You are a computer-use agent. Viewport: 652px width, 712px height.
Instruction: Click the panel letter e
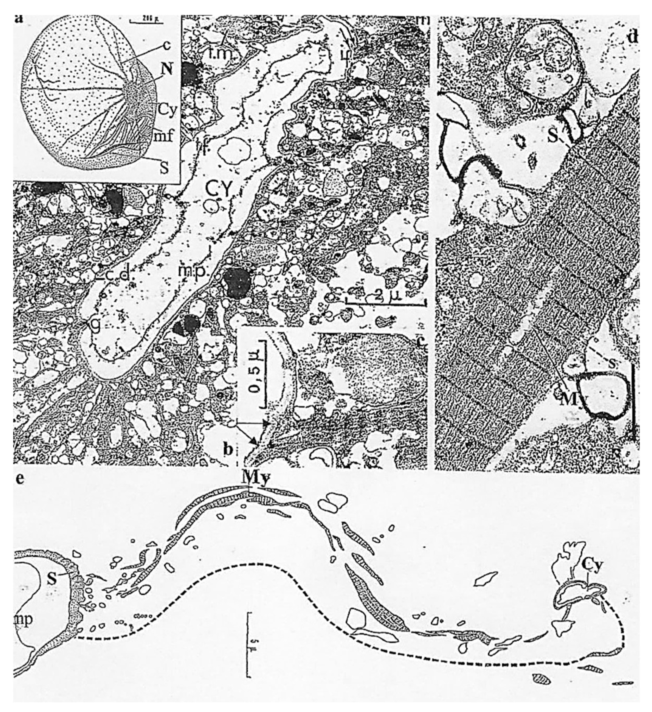(x=20, y=480)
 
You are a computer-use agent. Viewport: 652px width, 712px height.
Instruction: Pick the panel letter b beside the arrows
(x=228, y=450)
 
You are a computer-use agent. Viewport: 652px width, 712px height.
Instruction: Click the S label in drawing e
(x=52, y=579)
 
